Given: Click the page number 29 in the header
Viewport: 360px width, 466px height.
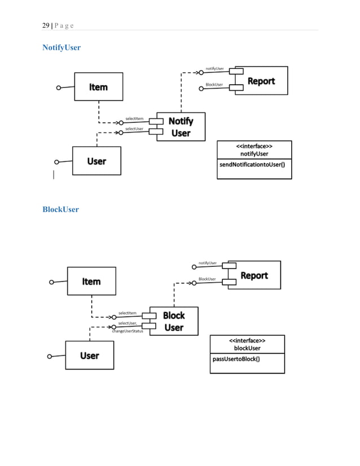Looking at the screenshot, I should point(46,25).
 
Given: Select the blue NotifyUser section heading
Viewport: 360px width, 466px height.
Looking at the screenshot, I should point(62,47).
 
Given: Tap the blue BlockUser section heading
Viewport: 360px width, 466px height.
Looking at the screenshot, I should point(60,209).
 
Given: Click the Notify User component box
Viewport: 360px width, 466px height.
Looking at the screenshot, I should point(181,127).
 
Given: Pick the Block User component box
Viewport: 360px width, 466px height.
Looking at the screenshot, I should point(174,321).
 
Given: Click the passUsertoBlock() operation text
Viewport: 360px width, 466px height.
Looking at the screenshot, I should point(236,358).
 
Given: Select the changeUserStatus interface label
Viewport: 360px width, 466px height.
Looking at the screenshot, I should point(127,331).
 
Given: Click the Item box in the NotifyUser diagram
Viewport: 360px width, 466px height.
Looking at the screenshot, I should point(98,87).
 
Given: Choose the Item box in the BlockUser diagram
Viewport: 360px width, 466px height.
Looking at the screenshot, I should point(91,281).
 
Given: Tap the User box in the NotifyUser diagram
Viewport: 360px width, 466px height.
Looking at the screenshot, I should point(96,161).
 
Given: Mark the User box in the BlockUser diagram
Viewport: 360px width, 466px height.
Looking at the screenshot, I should point(89,355).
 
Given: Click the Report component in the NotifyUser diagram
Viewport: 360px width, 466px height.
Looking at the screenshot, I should point(261,81).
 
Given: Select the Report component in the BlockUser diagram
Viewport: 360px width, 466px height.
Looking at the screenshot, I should point(254,275).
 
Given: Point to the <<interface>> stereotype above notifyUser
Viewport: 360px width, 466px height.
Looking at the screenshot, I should point(254,146).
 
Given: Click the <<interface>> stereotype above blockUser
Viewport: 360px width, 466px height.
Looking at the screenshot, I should point(247,341).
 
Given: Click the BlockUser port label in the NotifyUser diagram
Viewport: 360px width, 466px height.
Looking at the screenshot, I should point(214,85).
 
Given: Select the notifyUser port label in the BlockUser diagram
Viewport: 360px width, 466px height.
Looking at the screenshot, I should point(208,262).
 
